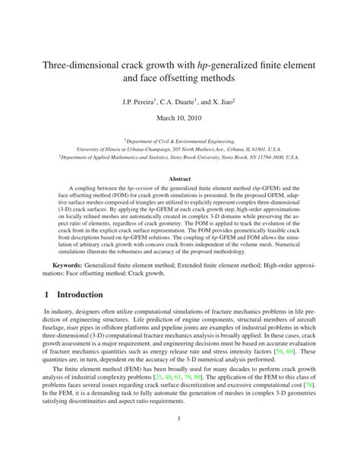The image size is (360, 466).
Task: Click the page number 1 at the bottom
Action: click(x=180, y=439)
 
